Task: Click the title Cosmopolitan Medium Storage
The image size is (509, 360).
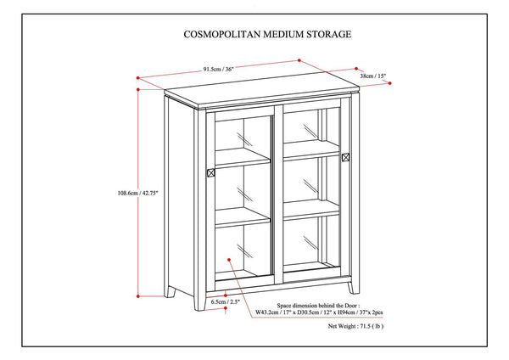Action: pyautogui.click(x=255, y=36)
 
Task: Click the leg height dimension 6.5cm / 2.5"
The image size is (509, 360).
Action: pyautogui.click(x=207, y=301)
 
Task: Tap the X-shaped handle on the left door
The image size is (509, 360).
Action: pyautogui.click(x=210, y=172)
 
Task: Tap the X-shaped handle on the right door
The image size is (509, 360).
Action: pyautogui.click(x=346, y=158)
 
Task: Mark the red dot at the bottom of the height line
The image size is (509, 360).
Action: pyautogui.click(x=138, y=296)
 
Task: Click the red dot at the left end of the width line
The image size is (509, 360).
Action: pyautogui.click(x=137, y=76)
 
